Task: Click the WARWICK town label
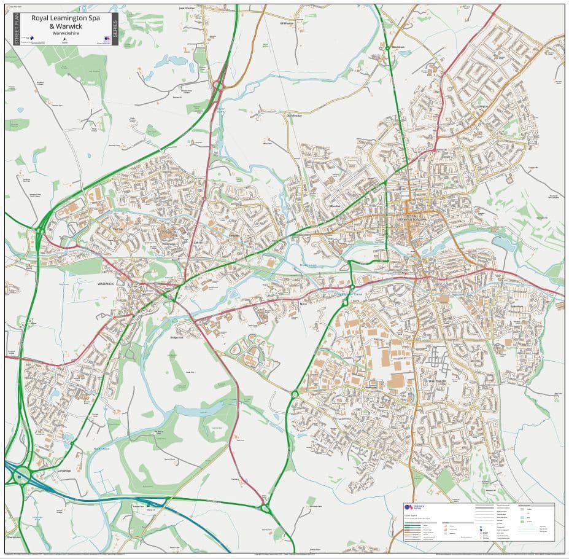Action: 106,284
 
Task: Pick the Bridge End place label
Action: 177,337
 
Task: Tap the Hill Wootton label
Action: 287,23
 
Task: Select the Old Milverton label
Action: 294,115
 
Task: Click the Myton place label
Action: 303,304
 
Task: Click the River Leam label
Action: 307,265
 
